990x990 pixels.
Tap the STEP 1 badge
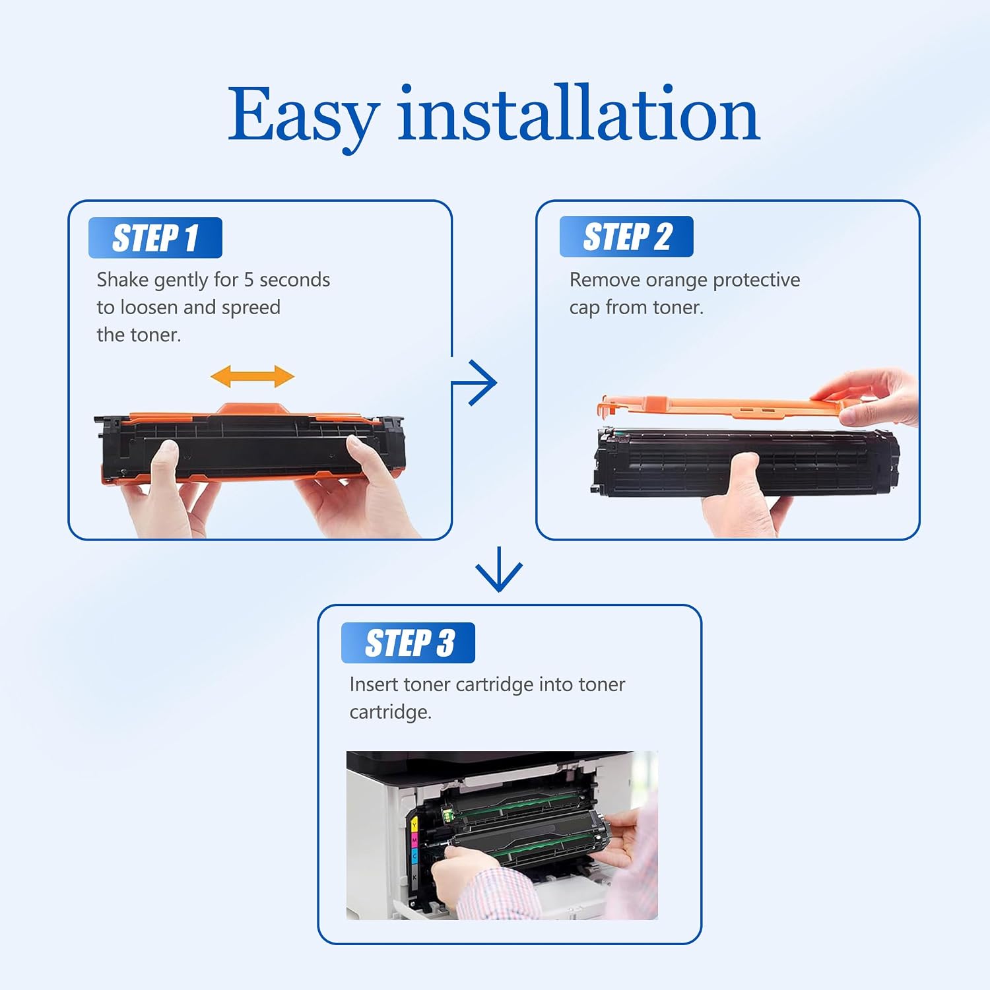point(155,238)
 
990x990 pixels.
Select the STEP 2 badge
point(626,236)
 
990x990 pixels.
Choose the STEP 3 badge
point(408,643)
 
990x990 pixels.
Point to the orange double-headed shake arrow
point(252,377)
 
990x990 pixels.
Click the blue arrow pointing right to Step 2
point(474,382)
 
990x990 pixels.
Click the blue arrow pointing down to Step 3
point(499,569)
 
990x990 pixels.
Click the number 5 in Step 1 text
point(249,280)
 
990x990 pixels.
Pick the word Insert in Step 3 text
point(374,684)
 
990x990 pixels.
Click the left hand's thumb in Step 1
point(163,461)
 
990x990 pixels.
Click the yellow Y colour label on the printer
point(414,825)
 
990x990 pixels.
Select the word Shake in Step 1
point(123,280)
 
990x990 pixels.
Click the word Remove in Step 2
point(605,280)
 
